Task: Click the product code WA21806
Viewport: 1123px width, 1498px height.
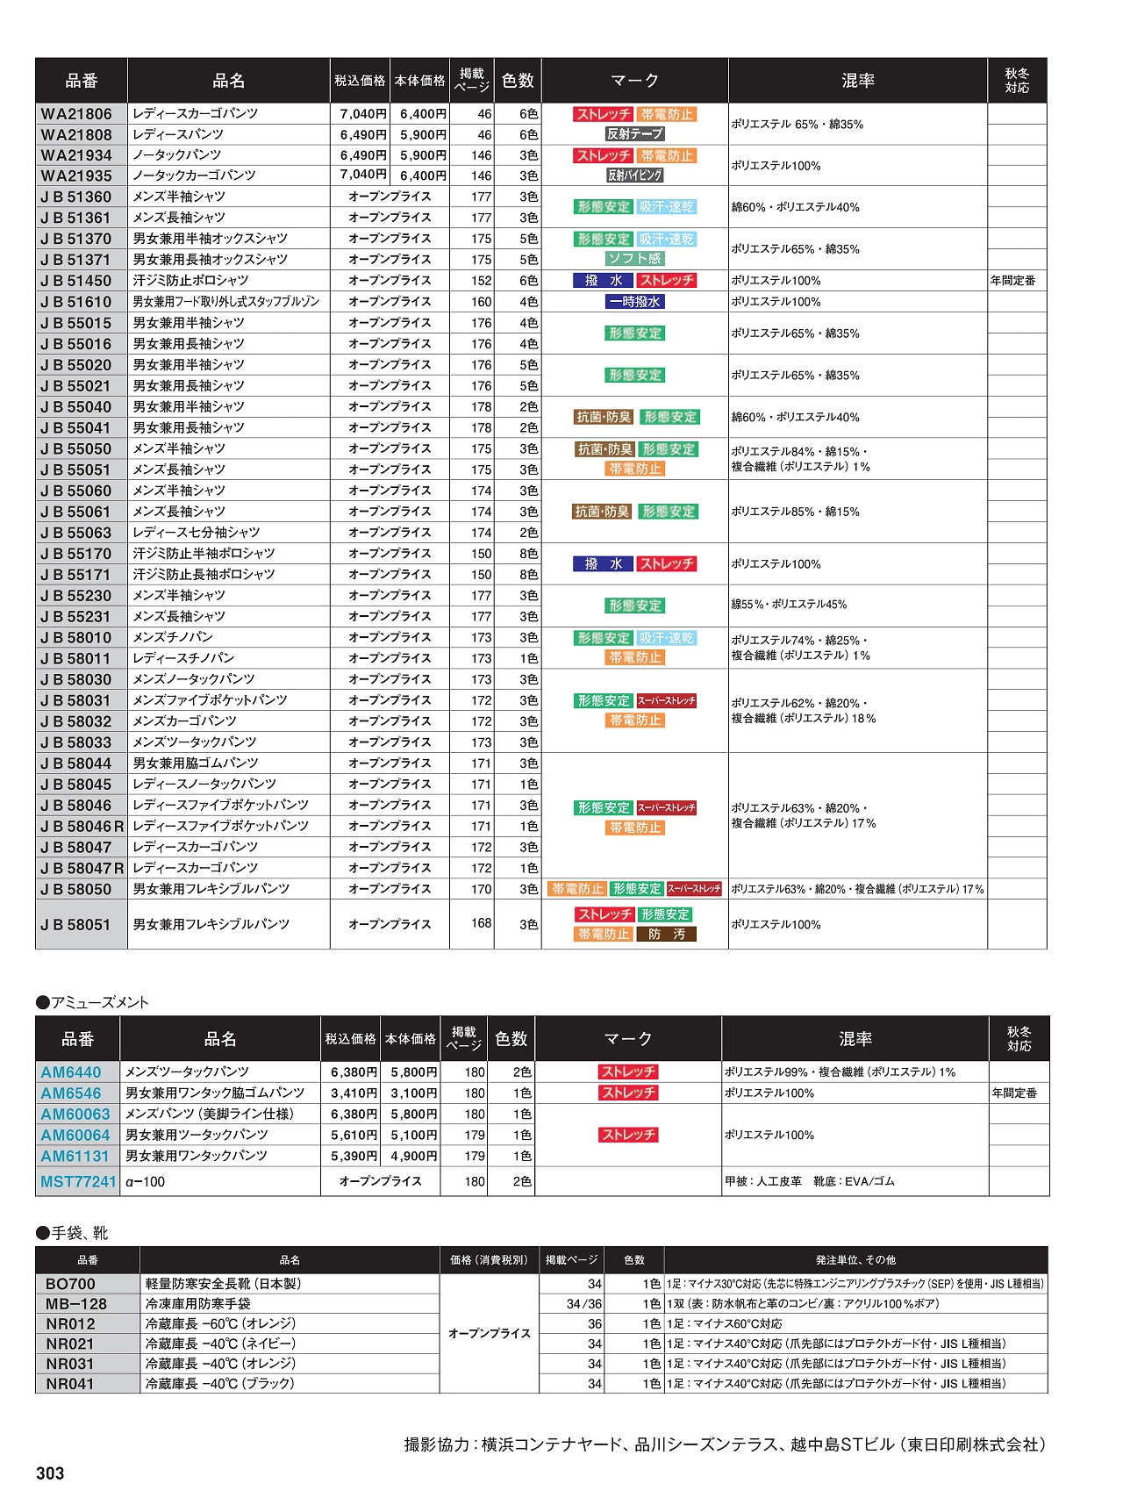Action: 77,113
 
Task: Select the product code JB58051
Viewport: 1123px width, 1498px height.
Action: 76,924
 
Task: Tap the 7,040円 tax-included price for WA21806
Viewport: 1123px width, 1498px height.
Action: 363,113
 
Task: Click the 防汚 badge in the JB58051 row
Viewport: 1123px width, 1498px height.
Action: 667,934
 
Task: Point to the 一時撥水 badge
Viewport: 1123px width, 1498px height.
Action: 635,301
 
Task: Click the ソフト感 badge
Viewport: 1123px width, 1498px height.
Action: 635,258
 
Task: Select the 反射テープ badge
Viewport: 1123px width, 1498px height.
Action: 635,133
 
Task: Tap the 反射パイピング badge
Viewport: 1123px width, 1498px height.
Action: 635,175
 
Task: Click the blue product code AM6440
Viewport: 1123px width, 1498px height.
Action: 71,1072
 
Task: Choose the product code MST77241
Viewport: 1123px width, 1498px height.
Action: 78,1181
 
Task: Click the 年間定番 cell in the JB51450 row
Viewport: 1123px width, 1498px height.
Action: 1013,280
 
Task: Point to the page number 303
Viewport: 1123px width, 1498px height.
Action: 50,1473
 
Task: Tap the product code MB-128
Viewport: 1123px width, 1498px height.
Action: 76,1303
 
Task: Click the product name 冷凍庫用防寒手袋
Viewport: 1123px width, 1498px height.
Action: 198,1303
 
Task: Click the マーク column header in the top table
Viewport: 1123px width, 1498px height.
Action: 634,81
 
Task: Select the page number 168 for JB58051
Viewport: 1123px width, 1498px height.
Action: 481,922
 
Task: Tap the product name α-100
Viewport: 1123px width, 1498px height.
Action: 146,1181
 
